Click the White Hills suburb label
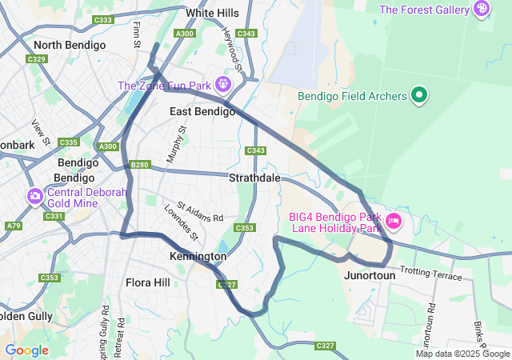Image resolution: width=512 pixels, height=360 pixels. [212, 14]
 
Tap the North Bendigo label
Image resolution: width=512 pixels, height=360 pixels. [70, 46]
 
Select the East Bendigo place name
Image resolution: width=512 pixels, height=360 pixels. [202, 111]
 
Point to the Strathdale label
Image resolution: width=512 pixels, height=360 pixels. [254, 178]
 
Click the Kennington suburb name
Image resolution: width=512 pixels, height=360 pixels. [198, 257]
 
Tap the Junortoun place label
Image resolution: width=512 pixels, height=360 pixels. [369, 275]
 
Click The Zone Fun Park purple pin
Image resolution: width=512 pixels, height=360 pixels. [222, 84]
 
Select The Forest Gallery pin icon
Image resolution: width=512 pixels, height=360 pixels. [482, 10]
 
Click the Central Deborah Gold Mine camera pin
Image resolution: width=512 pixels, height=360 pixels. [34, 196]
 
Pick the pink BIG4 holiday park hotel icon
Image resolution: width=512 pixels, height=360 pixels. [393, 219]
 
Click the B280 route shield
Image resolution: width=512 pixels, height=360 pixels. [140, 165]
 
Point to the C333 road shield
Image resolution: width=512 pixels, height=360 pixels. [103, 20]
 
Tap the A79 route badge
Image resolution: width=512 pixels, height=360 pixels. [14, 226]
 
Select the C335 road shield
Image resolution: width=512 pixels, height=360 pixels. [68, 142]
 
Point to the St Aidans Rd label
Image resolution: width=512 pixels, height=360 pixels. [201, 212]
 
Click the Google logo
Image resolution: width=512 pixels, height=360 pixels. [26, 350]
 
